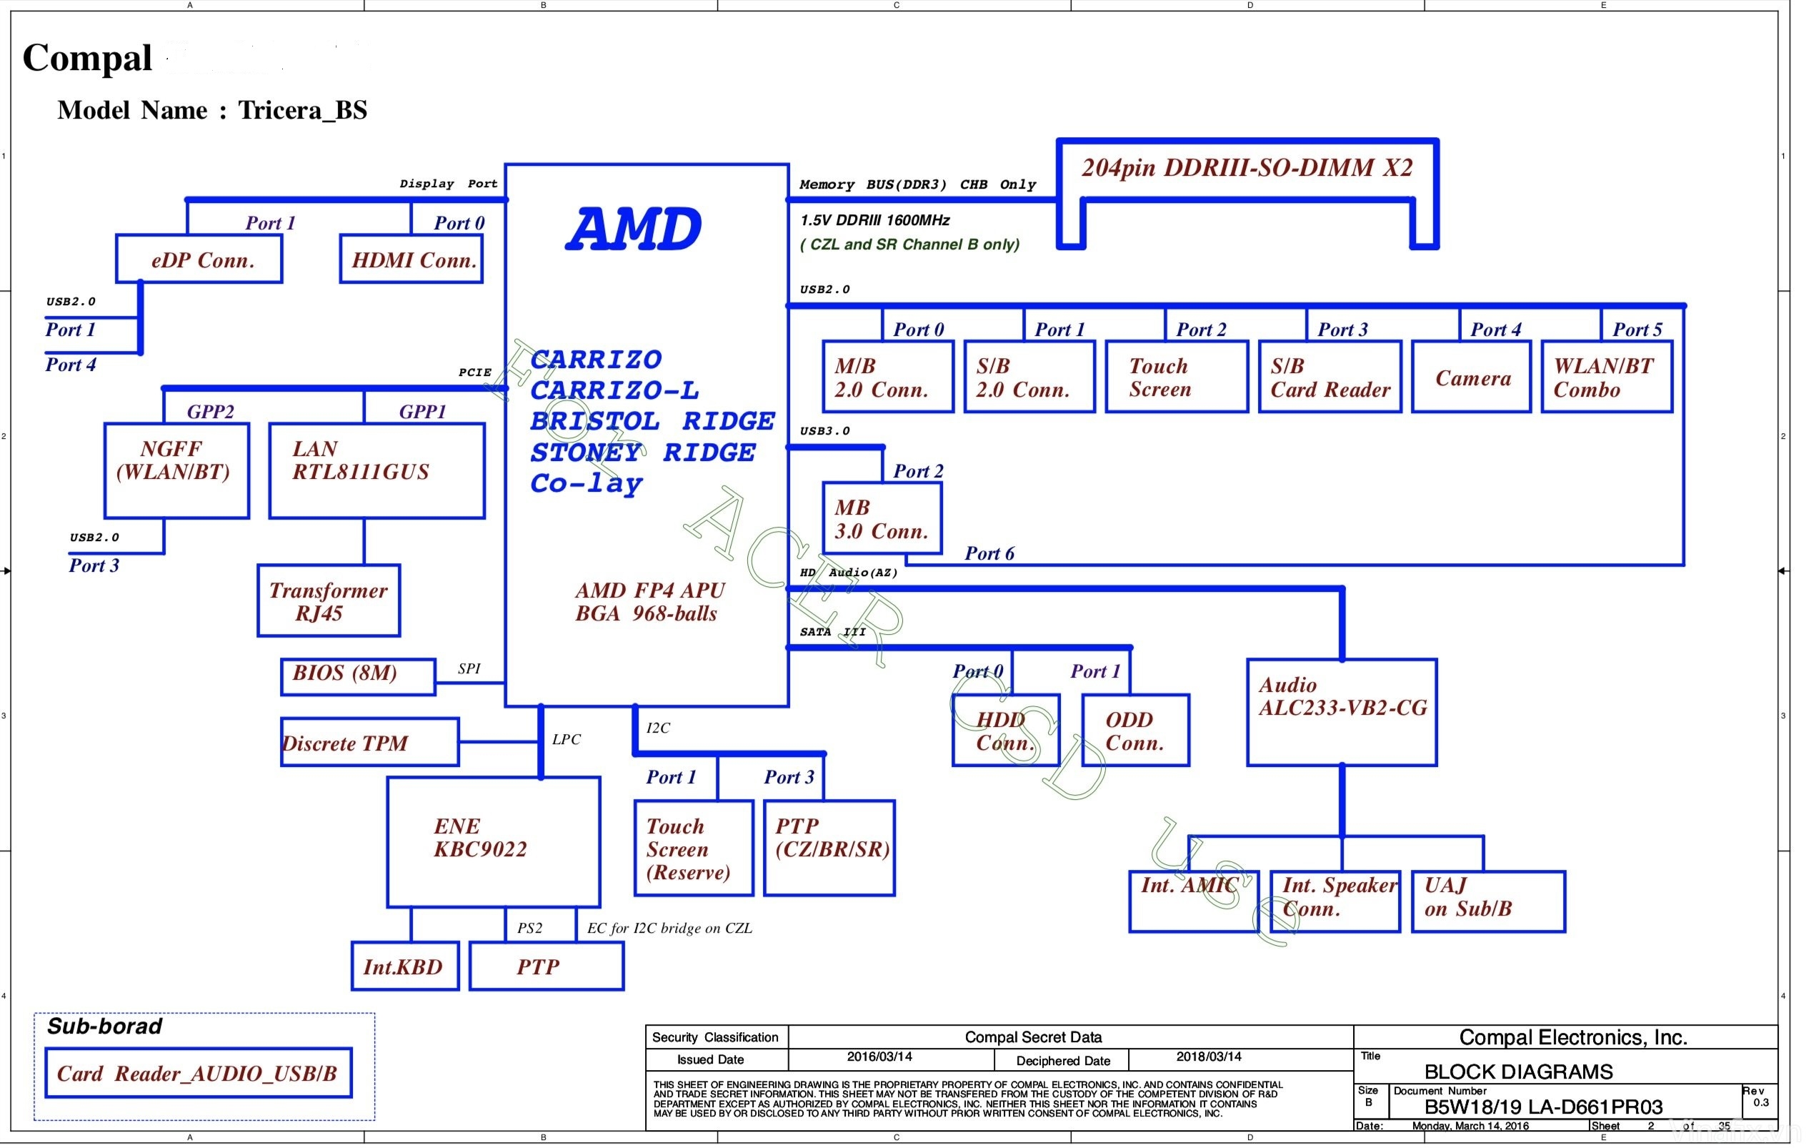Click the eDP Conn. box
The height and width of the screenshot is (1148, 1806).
[199, 259]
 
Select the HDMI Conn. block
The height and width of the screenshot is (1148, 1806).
[411, 259]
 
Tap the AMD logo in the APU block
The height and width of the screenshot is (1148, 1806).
[634, 229]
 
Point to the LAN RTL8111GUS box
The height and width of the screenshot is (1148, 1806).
[376, 471]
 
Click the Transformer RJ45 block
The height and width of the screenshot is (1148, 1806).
[329, 601]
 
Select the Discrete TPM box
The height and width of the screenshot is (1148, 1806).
[370, 742]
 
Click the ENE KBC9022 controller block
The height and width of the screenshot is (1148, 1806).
[494, 842]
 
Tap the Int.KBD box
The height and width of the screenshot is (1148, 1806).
[405, 966]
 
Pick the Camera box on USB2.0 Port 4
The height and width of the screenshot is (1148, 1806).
[1472, 377]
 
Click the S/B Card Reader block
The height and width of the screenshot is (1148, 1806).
[1329, 377]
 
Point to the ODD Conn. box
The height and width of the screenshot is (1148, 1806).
[1135, 731]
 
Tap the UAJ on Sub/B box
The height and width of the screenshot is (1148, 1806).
[1488, 902]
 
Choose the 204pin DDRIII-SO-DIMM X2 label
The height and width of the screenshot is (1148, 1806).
[1247, 167]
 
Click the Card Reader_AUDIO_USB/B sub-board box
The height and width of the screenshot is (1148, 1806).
[199, 1073]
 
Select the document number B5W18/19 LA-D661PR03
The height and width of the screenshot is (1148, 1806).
[1543, 1107]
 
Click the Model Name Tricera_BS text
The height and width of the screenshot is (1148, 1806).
[212, 110]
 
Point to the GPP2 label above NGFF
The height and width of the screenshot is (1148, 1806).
[211, 411]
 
